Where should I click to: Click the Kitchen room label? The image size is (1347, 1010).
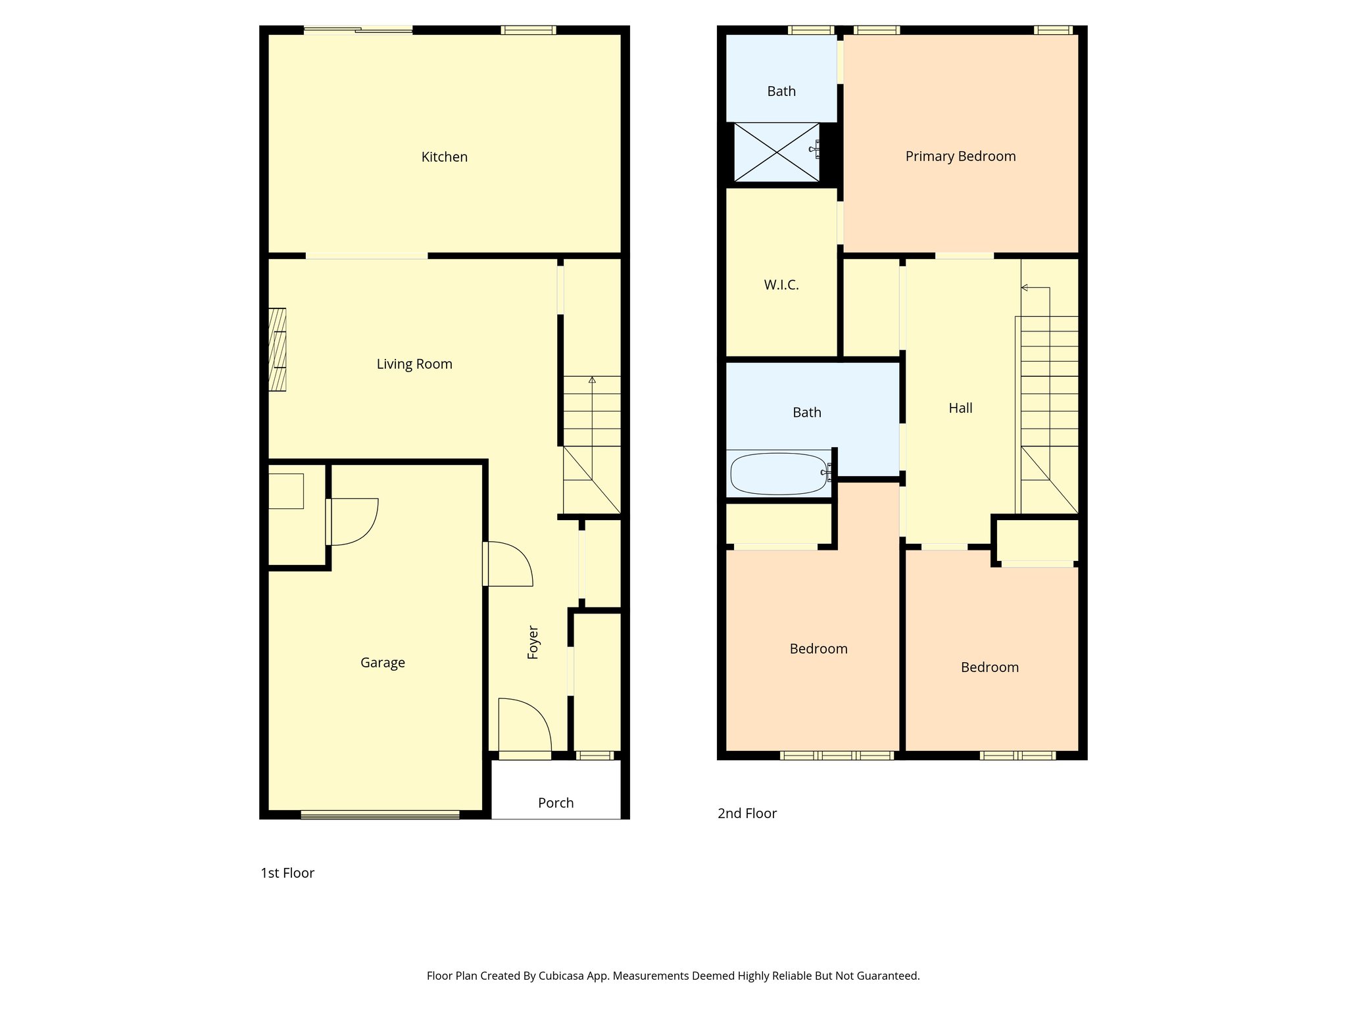(444, 157)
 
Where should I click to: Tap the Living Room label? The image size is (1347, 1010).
(414, 364)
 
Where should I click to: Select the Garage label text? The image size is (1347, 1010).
(382, 663)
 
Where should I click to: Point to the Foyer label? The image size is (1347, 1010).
(533, 642)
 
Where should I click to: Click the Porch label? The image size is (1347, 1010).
(556, 803)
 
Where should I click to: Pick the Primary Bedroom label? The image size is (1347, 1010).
(960, 156)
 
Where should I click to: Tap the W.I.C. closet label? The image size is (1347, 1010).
(781, 285)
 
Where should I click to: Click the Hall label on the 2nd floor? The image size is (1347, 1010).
(960, 408)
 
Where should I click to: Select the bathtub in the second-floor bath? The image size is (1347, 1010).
(779, 473)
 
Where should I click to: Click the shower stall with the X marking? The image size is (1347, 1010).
(776, 152)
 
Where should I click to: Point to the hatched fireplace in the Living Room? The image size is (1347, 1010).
(277, 350)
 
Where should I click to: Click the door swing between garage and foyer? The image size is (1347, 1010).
(508, 564)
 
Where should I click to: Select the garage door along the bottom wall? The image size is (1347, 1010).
(380, 815)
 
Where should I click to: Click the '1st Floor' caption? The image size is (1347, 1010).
(287, 873)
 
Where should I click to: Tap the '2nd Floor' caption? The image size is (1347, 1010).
(747, 813)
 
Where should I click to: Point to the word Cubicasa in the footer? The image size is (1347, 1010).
(562, 976)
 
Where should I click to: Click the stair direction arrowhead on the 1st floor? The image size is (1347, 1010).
(592, 380)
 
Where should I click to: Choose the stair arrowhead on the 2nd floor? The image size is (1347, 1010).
(1024, 287)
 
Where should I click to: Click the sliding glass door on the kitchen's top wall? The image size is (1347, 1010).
(358, 29)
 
